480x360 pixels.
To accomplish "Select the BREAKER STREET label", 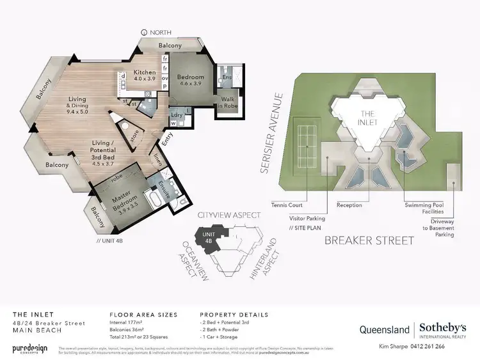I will coord(369,240).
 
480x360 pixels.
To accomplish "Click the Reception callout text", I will coord(349,205).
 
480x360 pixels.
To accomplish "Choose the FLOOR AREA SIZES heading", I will coord(143,315).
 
